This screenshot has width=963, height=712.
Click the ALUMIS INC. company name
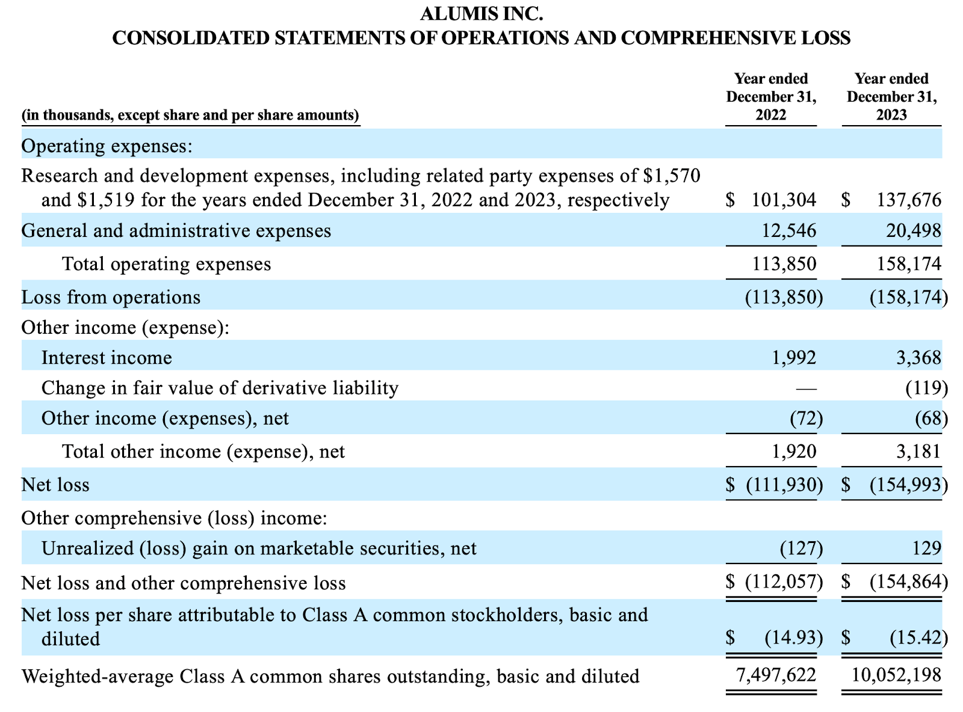[482, 13]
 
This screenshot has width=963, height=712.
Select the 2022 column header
[771, 97]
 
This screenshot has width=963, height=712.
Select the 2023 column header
[891, 97]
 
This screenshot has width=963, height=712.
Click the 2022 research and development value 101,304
[784, 200]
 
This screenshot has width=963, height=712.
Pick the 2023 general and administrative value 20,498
[913, 231]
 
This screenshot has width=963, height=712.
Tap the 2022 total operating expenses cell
[784, 264]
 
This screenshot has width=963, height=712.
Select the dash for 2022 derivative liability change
[806, 388]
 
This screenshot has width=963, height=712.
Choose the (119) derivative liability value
[927, 388]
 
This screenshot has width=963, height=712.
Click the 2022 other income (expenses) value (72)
[806, 419]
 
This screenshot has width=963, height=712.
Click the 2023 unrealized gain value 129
[926, 548]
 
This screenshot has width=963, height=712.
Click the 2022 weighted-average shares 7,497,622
[776, 676]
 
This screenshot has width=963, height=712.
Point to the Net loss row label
[55, 485]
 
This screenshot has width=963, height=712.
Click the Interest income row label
[107, 358]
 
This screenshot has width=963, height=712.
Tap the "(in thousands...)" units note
[190, 115]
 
